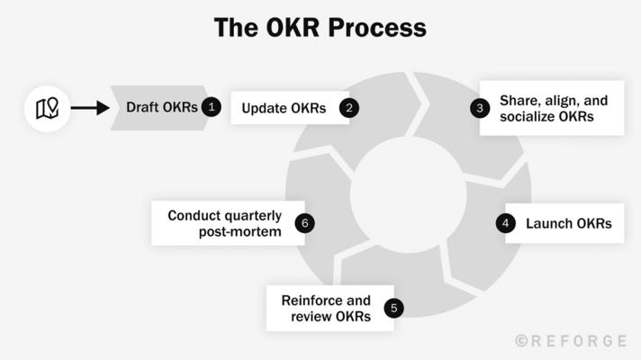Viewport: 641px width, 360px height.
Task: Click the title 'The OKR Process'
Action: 320,28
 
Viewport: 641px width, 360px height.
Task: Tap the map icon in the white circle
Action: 47,109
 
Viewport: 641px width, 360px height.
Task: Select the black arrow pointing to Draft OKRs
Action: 89,109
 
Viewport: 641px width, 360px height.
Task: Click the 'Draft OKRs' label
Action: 161,108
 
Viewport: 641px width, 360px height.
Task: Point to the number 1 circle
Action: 212,108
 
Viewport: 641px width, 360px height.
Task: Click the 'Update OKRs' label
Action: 284,109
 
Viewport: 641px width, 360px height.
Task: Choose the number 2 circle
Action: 349,109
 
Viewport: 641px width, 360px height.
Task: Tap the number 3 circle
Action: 480,108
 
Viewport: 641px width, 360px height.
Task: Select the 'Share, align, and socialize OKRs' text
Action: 552,108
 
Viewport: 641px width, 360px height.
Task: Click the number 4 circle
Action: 506,223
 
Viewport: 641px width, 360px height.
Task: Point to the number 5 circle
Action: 393,309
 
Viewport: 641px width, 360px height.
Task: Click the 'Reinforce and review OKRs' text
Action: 326,309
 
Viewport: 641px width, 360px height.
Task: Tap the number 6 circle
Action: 305,223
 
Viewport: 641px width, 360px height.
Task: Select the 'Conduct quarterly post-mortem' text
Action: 225,223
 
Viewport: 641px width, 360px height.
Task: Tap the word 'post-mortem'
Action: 240,232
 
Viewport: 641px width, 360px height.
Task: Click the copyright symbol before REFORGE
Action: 521,341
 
